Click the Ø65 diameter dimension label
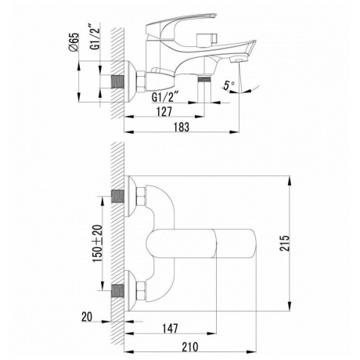(72, 42)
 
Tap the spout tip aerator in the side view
(238, 61)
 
